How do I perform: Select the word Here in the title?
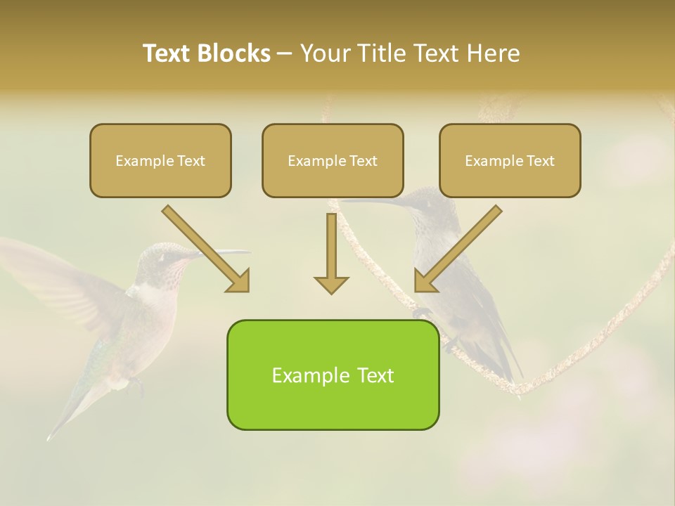coord(494,53)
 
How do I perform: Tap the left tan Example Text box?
coord(160,161)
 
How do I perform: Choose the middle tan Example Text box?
coord(333,161)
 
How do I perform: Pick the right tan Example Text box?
coord(510,161)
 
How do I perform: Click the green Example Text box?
coord(333,375)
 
